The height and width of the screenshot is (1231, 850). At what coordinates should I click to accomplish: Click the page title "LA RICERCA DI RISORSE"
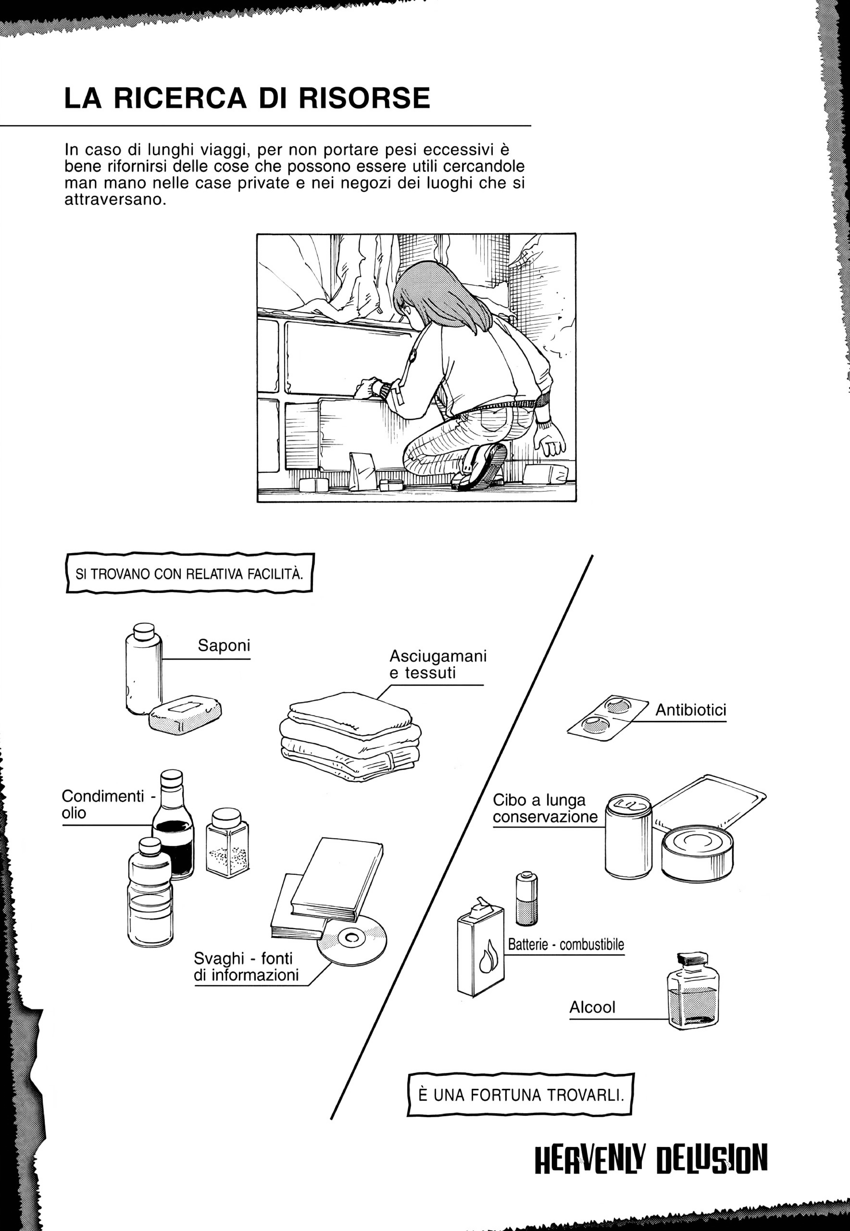click(x=247, y=98)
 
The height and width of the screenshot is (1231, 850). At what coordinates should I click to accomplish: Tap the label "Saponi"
click(x=224, y=646)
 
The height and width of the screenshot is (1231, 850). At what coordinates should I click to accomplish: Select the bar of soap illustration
click(x=185, y=715)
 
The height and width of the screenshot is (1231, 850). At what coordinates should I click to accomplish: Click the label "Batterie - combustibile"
click(x=566, y=945)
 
